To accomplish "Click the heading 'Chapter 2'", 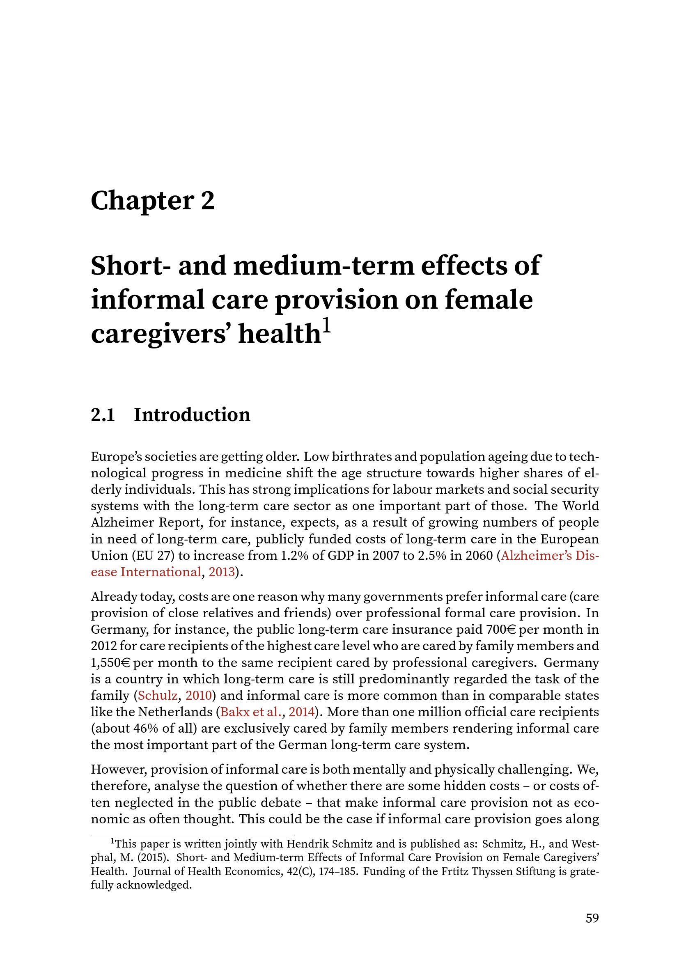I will (x=153, y=201).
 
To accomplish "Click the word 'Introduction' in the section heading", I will (x=192, y=415).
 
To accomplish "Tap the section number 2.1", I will (x=103, y=415).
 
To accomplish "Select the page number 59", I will (x=592, y=918).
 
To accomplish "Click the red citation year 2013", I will (x=222, y=572).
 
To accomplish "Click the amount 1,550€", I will (x=110, y=663).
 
